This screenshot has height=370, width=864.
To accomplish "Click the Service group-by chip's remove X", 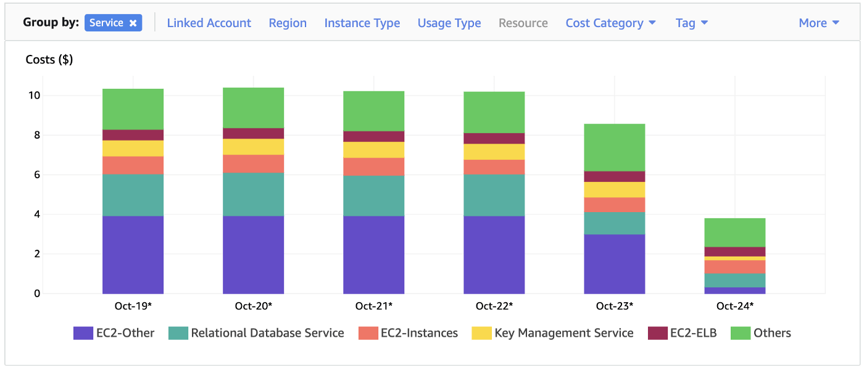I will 133,23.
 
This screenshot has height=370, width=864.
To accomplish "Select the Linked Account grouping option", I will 209,23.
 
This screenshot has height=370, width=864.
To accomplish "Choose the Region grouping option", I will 288,23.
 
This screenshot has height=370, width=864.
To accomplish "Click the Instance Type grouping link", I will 362,23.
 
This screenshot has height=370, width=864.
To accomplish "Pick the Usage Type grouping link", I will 449,23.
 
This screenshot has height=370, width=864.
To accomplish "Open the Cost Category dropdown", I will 610,23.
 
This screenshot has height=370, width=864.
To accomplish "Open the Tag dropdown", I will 691,23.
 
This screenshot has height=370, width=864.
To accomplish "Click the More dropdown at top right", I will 818,23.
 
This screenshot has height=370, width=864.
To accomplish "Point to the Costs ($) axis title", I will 49,60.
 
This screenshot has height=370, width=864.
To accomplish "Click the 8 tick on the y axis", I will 36,135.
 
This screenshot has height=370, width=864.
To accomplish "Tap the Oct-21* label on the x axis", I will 373,306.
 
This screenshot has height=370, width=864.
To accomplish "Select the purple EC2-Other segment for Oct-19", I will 133,254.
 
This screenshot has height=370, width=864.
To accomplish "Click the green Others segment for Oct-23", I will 614,147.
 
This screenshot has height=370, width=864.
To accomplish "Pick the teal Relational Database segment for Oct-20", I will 253,194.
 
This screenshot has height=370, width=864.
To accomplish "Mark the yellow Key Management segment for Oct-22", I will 494,152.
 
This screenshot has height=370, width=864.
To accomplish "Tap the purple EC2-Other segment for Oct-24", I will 734,290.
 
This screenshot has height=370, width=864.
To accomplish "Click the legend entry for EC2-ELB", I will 682,333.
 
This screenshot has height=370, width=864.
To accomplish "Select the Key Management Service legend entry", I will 552,333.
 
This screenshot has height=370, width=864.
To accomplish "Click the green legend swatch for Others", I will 740,333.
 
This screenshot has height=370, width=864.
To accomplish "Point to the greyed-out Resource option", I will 523,23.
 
